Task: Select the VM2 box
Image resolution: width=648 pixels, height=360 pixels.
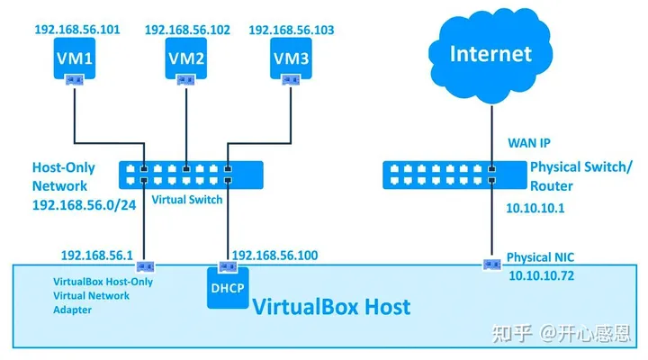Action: (185, 60)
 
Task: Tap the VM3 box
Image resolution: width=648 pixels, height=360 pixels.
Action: (291, 60)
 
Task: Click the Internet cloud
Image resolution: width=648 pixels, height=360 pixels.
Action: (491, 53)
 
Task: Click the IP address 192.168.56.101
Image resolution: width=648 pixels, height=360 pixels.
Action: (76, 30)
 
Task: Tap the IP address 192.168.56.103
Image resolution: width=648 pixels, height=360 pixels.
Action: (292, 30)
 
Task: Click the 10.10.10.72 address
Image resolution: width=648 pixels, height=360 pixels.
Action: (543, 274)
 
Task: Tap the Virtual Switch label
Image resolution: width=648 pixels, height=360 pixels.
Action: (186, 200)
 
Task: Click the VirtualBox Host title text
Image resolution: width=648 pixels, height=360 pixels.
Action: (330, 306)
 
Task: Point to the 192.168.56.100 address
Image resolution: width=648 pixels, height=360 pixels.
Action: (274, 256)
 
